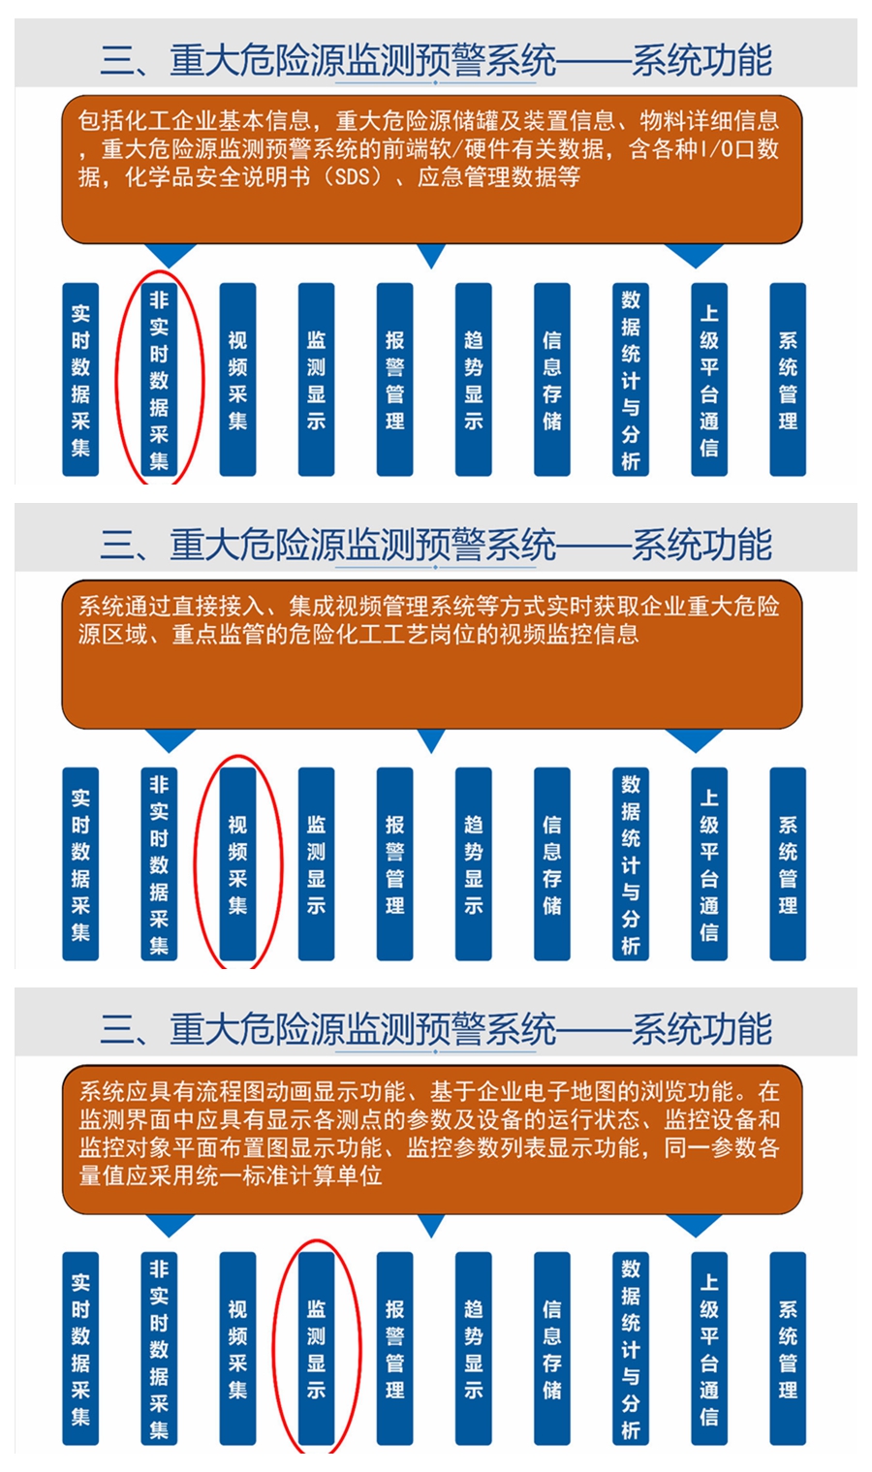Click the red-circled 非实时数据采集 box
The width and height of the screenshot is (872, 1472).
click(x=159, y=379)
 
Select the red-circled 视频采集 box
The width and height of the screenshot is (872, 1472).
click(x=237, y=863)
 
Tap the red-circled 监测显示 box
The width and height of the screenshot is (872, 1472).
click(x=316, y=1349)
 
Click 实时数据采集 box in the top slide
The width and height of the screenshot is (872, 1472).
click(x=80, y=379)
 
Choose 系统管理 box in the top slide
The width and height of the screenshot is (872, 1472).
click(x=788, y=379)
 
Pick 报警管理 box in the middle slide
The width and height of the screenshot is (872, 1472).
click(x=395, y=863)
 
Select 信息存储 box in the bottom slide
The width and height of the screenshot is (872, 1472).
click(x=552, y=1349)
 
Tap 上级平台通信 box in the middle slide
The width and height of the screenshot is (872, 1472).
click(x=709, y=863)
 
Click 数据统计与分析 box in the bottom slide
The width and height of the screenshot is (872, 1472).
click(x=631, y=1349)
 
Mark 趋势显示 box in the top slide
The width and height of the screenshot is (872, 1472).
click(x=473, y=379)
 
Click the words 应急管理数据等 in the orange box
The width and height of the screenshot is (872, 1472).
click(x=499, y=177)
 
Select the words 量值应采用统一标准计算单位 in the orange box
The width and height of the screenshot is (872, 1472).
click(x=231, y=1175)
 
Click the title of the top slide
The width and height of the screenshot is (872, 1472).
click(x=436, y=60)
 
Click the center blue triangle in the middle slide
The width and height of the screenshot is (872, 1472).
click(x=431, y=740)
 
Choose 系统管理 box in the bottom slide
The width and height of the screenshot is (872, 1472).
click(x=788, y=1349)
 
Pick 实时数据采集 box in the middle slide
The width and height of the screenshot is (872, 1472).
click(x=80, y=863)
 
